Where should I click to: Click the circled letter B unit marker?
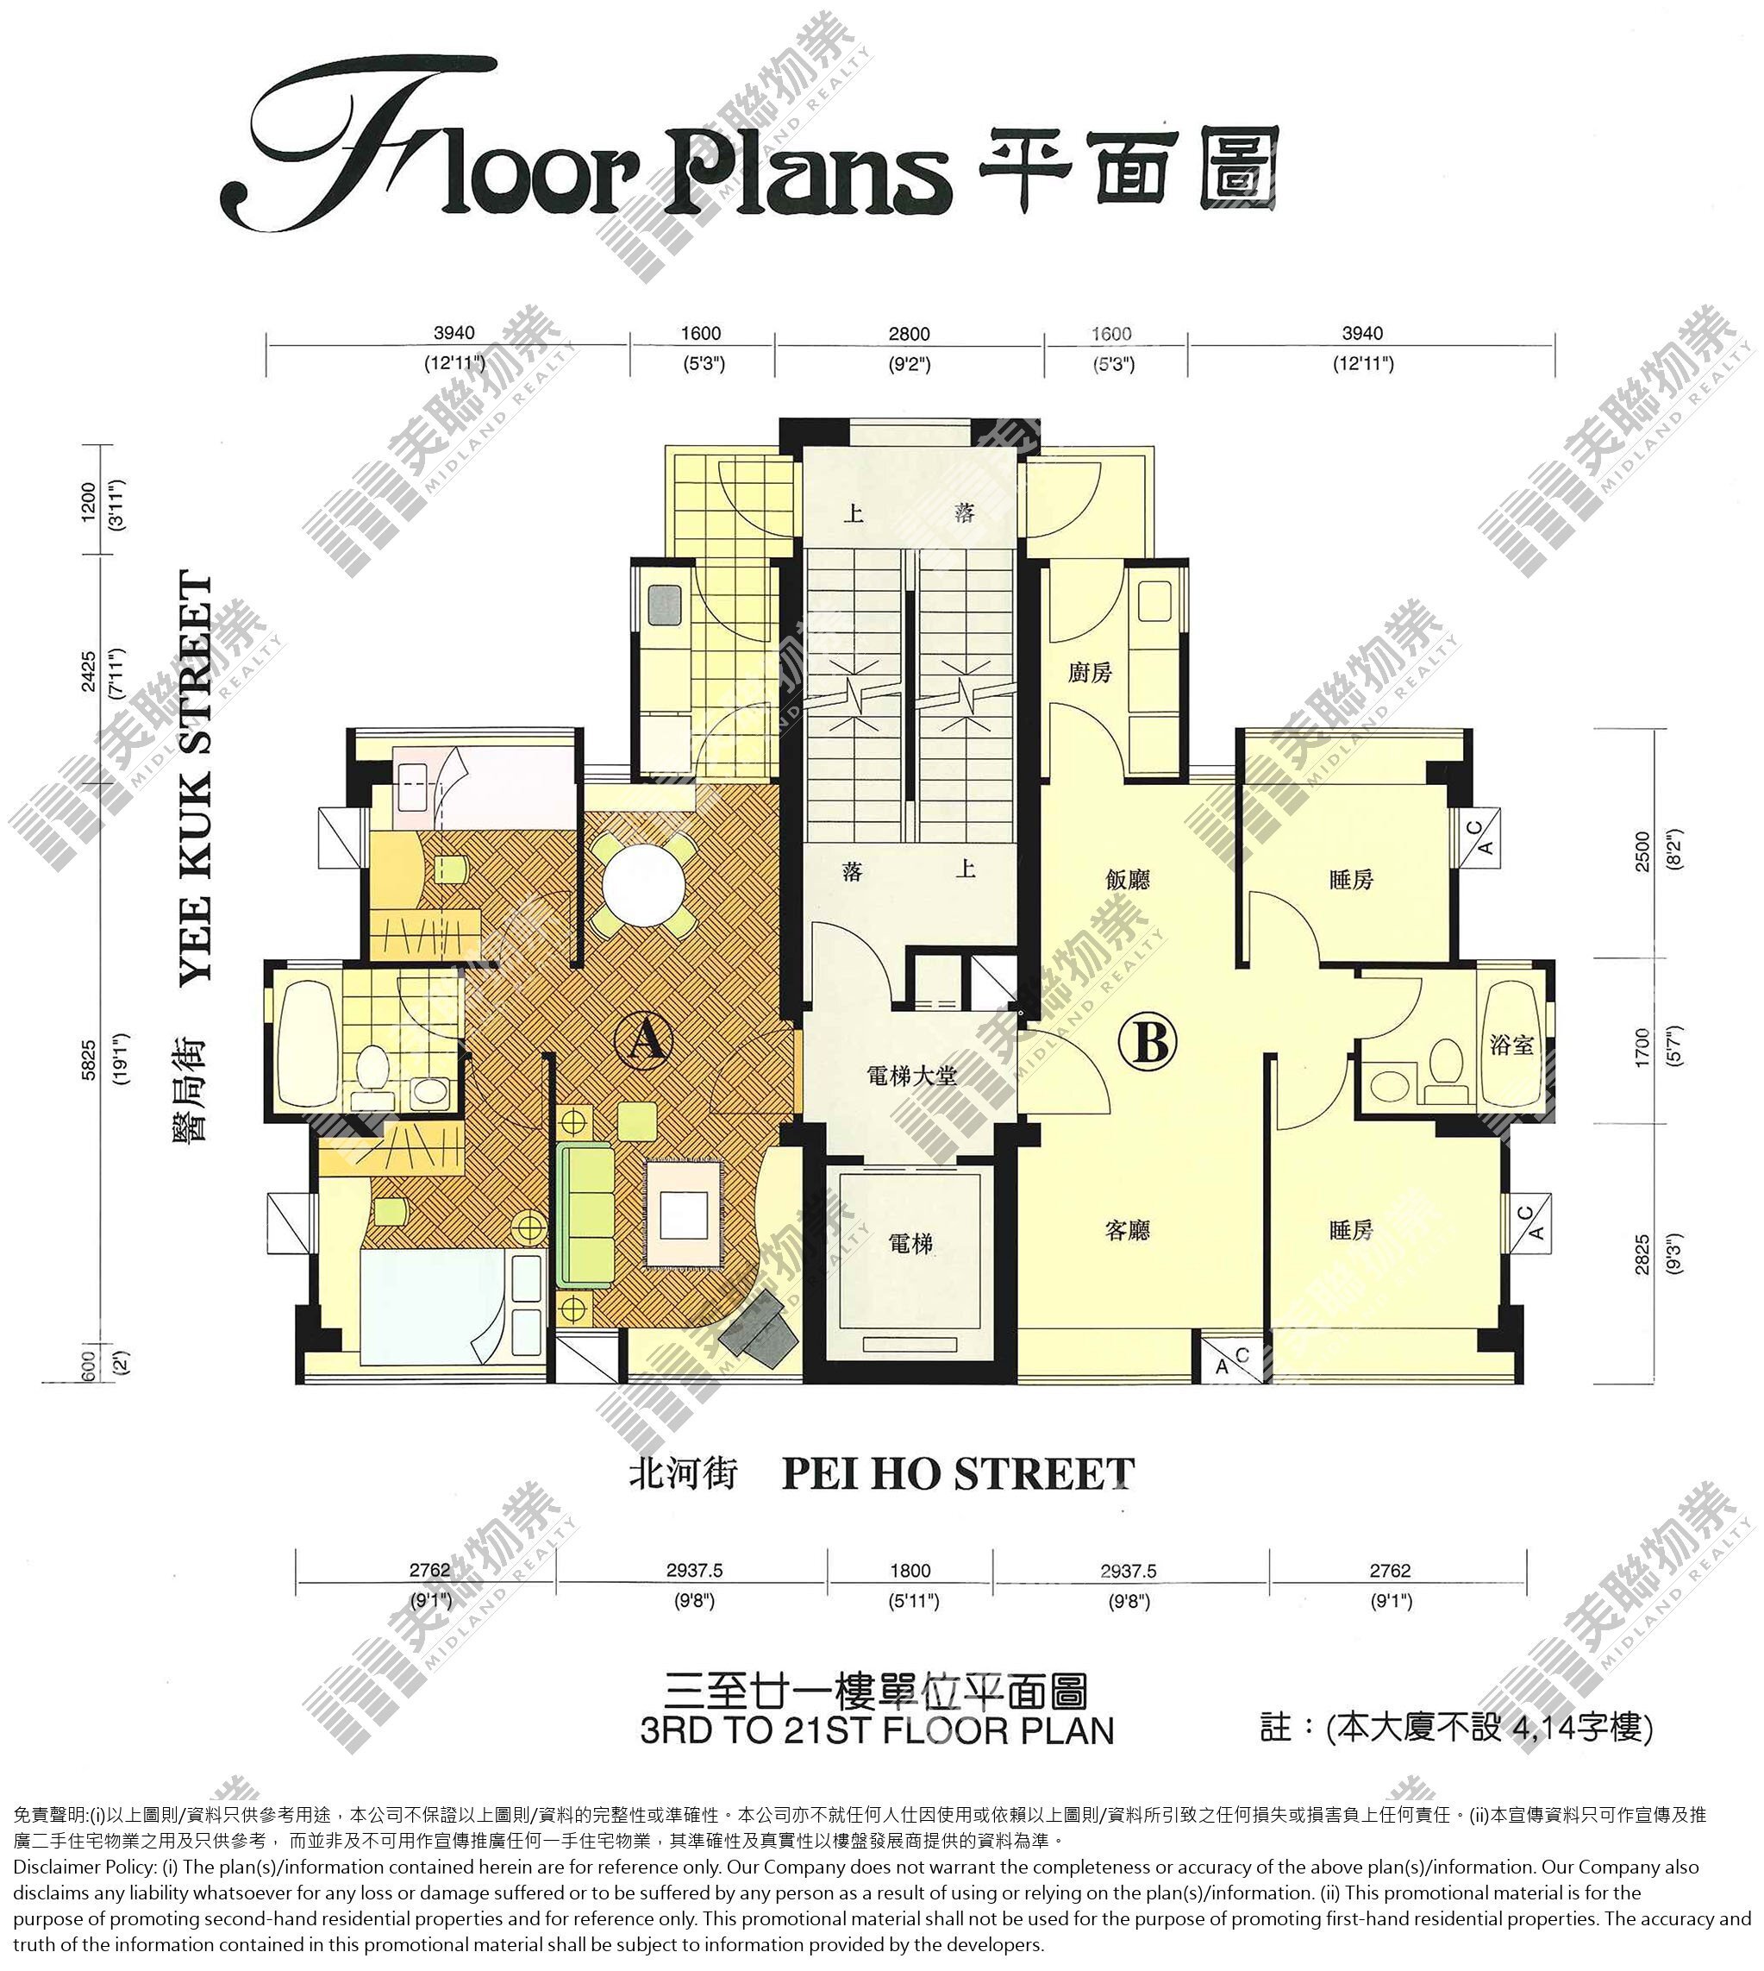click(x=1148, y=1044)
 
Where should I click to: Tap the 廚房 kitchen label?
click(x=1090, y=673)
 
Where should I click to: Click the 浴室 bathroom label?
click(x=1512, y=1045)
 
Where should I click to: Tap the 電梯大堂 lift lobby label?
click(x=911, y=1075)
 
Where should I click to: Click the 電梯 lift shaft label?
click(x=911, y=1243)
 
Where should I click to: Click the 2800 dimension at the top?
click(x=909, y=335)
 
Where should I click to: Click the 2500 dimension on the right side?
click(x=1642, y=851)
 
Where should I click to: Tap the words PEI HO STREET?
click(x=958, y=1475)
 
